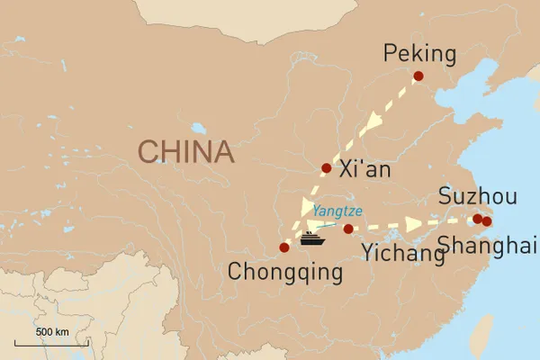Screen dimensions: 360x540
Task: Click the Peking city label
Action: click(419, 55)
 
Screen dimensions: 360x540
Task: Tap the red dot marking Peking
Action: click(418, 77)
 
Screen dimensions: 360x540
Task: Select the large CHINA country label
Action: click(185, 151)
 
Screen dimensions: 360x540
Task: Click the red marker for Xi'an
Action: click(327, 167)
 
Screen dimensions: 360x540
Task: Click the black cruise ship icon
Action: click(312, 238)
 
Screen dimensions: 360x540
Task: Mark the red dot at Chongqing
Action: click(284, 247)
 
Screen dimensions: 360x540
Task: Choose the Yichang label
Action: click(403, 255)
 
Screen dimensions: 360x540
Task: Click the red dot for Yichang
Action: click(348, 229)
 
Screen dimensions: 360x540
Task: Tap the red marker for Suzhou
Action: click(477, 219)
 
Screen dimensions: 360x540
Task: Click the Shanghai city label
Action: click(486, 244)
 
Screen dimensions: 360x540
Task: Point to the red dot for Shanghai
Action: click(487, 221)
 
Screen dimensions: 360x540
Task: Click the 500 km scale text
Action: click(52, 332)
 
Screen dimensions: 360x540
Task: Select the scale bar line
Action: click(52, 343)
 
